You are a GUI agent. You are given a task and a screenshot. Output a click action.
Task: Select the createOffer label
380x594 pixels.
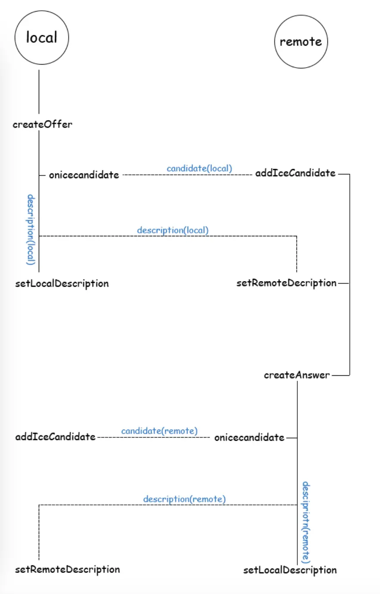coord(43,124)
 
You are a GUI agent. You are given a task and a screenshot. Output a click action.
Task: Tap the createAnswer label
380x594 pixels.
coord(296,375)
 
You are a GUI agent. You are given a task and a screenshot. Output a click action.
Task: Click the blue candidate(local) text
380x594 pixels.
coord(199,168)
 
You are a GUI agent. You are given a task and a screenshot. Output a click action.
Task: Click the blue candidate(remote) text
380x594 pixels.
coord(159,431)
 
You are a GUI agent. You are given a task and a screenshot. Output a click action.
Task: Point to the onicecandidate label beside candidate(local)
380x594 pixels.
coord(84,175)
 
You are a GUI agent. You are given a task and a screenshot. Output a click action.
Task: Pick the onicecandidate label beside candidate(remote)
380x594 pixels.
coord(249,437)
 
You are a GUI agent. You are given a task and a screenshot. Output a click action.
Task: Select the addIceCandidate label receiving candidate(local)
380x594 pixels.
coord(295,173)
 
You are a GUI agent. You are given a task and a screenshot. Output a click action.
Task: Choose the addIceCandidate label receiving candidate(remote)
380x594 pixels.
coord(55,437)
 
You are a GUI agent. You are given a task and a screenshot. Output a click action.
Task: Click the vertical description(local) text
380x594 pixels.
coord(31,229)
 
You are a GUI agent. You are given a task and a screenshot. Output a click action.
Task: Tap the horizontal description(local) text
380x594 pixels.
coord(172,230)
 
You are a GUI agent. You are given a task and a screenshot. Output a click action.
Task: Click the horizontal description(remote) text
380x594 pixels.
coord(184,499)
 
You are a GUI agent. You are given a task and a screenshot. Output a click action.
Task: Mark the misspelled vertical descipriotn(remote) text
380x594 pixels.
coord(305,522)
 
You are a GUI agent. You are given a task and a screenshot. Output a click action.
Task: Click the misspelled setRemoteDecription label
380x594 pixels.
coord(286,283)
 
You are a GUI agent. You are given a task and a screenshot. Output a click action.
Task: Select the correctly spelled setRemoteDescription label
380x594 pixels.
coord(67,569)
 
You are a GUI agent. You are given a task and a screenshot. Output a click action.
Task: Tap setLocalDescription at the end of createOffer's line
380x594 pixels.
coord(62,284)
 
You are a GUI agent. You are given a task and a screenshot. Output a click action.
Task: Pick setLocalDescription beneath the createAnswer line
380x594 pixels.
coord(290,570)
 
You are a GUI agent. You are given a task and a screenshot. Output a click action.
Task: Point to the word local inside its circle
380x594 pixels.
coord(42,38)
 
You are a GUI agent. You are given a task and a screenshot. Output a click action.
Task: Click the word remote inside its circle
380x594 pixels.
coord(301,42)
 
